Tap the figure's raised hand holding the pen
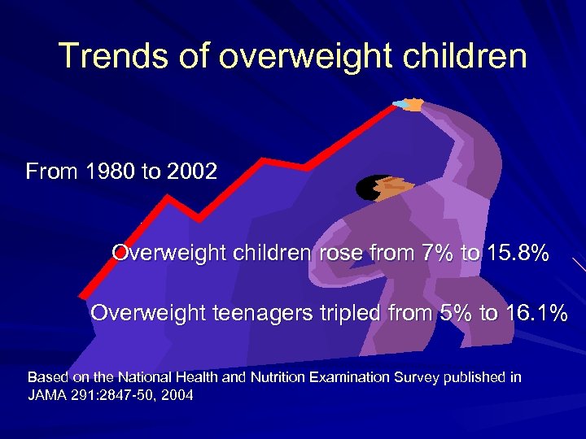[413, 105]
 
